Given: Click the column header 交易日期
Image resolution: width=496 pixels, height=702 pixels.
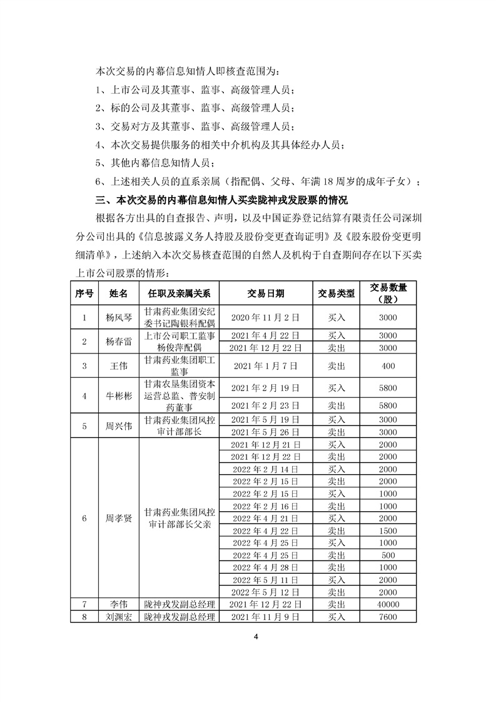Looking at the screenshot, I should [x=265, y=293].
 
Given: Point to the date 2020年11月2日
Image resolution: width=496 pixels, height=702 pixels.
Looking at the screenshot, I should [x=265, y=317].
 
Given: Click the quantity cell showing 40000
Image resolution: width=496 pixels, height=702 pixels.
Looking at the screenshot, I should [x=388, y=604].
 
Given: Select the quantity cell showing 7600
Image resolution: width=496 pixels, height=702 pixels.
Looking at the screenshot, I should [x=388, y=617].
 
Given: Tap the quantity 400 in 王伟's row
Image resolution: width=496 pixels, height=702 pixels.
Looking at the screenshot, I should [x=388, y=365].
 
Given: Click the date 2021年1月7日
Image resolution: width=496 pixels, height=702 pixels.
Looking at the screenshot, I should [x=265, y=365].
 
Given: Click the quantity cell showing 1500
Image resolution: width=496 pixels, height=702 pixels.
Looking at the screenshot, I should [x=388, y=531].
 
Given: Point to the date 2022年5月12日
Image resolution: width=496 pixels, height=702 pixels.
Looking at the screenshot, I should [x=265, y=592].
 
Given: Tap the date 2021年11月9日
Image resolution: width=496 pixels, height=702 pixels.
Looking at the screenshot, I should [x=265, y=617].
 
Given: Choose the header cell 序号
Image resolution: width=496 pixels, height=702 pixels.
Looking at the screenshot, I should [x=84, y=293].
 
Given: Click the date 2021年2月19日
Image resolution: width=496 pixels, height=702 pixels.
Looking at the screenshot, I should [x=265, y=388].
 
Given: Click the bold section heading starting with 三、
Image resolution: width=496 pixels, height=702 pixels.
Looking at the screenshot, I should [x=221, y=201].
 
